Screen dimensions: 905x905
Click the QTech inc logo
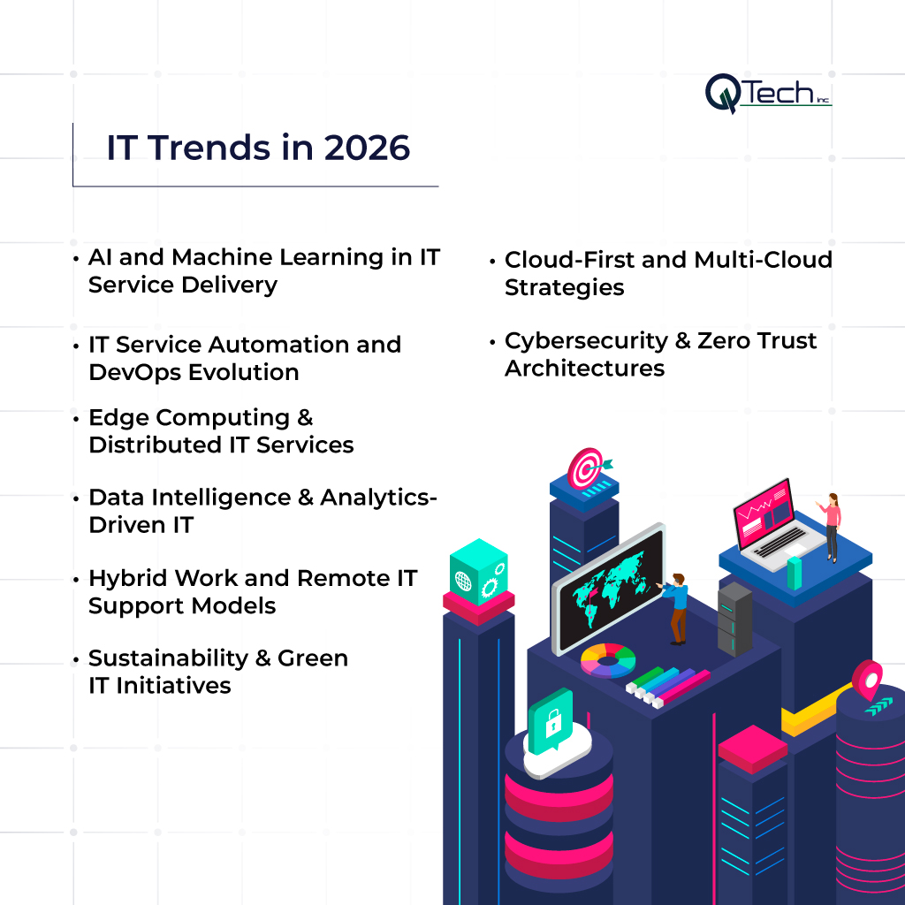767,93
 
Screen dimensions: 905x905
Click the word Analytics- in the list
378,498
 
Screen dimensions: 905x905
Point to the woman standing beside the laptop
831,528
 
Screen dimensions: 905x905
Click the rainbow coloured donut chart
608,659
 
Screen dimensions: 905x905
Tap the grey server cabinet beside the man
734,618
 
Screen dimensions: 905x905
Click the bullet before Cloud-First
491,261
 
